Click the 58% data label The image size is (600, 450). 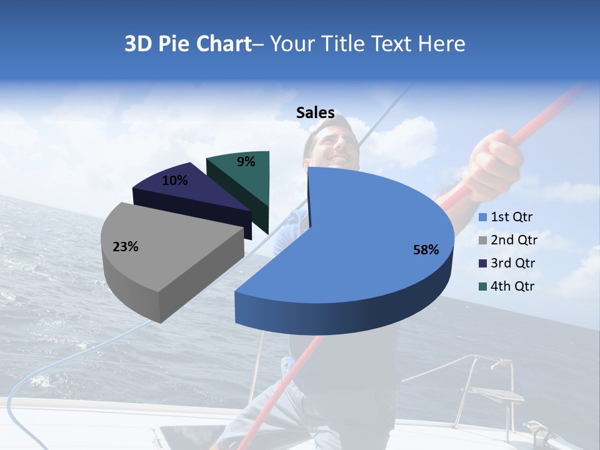(x=426, y=250)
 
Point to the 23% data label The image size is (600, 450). (x=125, y=247)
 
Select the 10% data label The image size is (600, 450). (x=175, y=181)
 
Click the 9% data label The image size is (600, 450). (x=246, y=162)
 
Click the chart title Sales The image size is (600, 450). (x=316, y=113)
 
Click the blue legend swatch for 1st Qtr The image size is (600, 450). (x=483, y=218)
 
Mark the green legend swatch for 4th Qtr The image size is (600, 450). (x=483, y=287)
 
